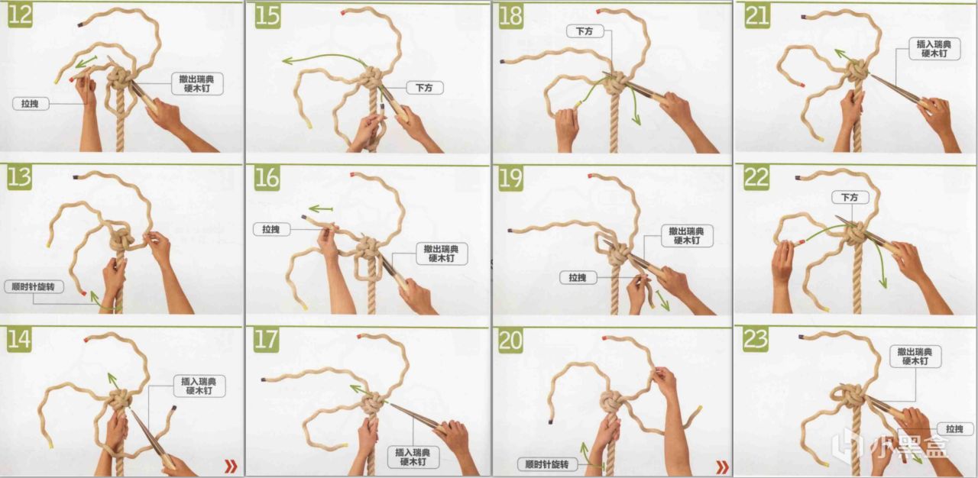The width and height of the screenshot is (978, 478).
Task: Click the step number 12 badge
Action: (x=20, y=15)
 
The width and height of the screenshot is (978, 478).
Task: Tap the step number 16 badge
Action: (x=267, y=178)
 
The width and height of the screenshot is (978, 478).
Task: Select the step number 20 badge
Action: (x=510, y=341)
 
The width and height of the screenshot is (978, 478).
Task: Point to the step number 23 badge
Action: (x=756, y=339)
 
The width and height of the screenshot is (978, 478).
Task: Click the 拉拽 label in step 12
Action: (x=30, y=104)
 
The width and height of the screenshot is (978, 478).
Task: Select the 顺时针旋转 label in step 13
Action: (x=33, y=286)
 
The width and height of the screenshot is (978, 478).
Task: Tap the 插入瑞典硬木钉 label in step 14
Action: (x=199, y=386)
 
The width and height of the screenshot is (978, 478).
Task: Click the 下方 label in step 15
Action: (x=424, y=88)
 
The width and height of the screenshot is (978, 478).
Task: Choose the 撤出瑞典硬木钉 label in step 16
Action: (x=442, y=254)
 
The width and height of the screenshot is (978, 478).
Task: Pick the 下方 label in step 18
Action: (x=585, y=31)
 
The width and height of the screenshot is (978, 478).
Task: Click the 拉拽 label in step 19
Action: (x=578, y=277)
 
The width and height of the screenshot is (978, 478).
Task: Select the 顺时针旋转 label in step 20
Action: (x=546, y=464)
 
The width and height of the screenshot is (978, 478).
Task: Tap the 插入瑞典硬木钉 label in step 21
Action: (x=934, y=49)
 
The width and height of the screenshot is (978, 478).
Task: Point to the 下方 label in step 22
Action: (x=850, y=197)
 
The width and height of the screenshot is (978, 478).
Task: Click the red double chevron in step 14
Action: (x=231, y=467)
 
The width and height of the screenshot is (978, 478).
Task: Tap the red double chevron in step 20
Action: (x=723, y=467)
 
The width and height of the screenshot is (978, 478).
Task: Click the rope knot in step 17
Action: (x=372, y=403)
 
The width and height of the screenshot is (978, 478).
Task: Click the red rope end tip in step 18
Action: (x=598, y=11)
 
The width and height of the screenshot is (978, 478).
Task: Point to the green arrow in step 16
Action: (x=321, y=209)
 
